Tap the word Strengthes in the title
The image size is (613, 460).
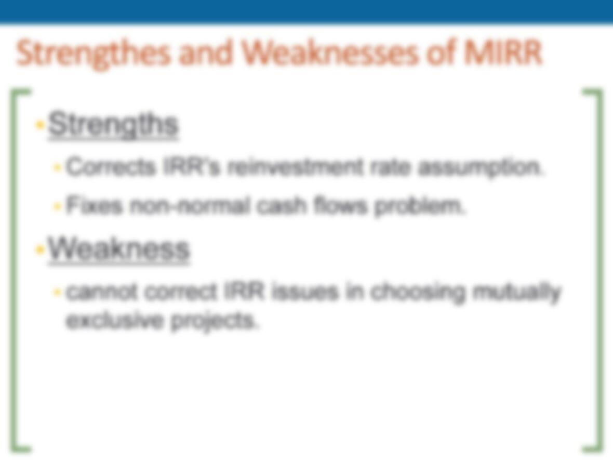(x=94, y=55)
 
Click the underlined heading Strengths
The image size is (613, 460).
(x=113, y=124)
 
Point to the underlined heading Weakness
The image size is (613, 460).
(x=118, y=249)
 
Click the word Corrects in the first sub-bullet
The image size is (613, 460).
(x=110, y=167)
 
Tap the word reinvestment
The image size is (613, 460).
(x=295, y=167)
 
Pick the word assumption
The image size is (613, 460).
(x=481, y=167)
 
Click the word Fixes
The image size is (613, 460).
(x=94, y=205)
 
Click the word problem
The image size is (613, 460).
(x=420, y=206)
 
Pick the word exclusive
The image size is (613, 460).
(x=114, y=321)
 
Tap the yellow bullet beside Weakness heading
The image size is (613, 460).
(x=39, y=249)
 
